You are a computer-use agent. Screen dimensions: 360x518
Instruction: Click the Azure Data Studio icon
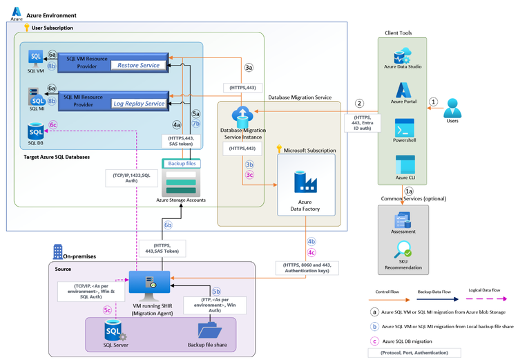pyautogui.click(x=403, y=55)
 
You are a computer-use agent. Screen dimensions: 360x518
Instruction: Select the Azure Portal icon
pyautogui.click(x=403, y=90)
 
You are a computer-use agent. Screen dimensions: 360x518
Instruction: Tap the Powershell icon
pyautogui.click(x=403, y=128)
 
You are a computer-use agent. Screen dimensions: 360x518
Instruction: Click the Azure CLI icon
pyautogui.click(x=403, y=164)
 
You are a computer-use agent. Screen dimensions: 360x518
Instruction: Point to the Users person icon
pyautogui.click(x=453, y=108)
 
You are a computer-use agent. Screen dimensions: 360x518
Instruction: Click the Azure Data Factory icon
pyautogui.click(x=305, y=182)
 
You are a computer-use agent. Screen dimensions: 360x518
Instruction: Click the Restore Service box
pyautogui.click(x=139, y=65)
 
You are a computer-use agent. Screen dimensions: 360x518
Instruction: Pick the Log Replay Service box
pyautogui.click(x=139, y=103)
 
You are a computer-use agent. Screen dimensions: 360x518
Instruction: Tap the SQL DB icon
pyautogui.click(x=36, y=130)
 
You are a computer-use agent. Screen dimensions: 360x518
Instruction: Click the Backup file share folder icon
pyautogui.click(x=209, y=330)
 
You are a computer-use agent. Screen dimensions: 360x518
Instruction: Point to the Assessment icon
pyautogui.click(x=403, y=220)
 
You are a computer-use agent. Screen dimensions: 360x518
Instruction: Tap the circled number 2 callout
pyautogui.click(x=359, y=104)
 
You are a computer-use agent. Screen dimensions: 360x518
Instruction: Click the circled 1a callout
pyautogui.click(x=410, y=191)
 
